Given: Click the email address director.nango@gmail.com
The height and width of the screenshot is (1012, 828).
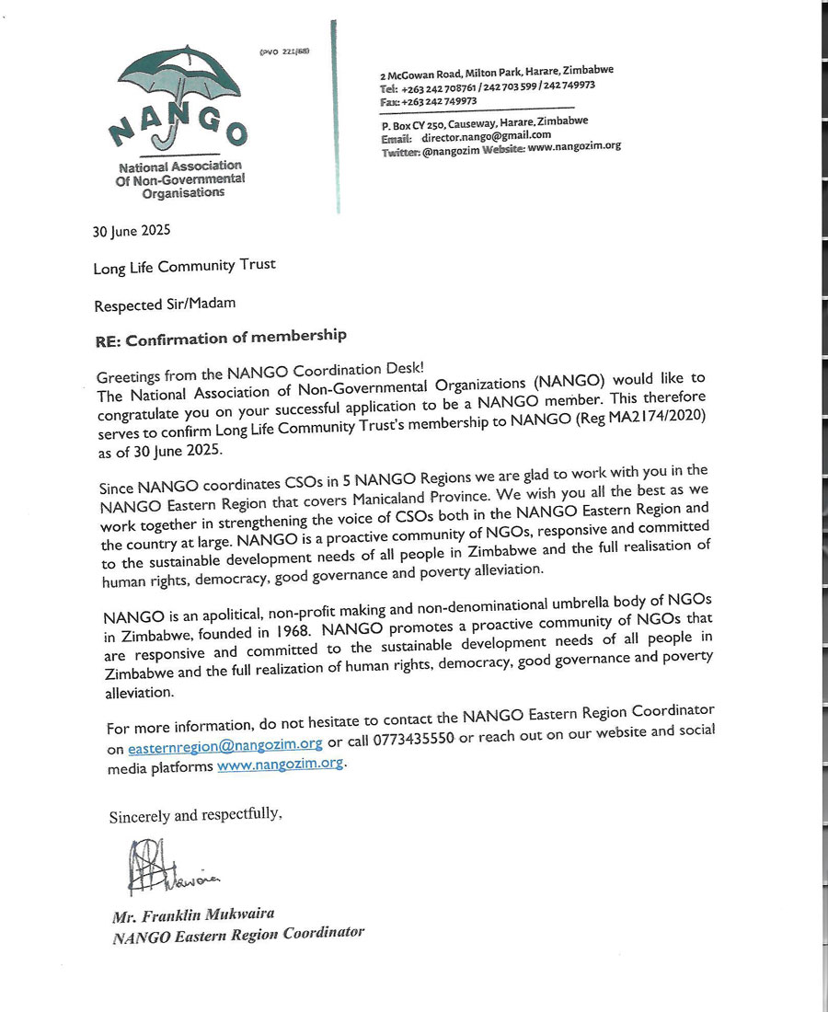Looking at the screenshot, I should coord(479,134).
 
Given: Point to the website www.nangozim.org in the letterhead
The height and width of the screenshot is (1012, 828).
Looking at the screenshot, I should coord(574,145).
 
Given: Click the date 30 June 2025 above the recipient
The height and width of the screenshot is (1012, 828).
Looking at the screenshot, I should coord(132,231).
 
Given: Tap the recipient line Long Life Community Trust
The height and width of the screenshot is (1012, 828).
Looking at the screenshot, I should coord(184,267).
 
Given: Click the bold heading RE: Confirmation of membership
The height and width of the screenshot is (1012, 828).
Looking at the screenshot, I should coord(221,339).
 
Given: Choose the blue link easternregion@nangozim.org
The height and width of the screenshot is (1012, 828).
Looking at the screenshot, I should coord(225,745).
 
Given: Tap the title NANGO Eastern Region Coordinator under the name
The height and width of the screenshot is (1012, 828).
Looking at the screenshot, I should coord(238,936).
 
